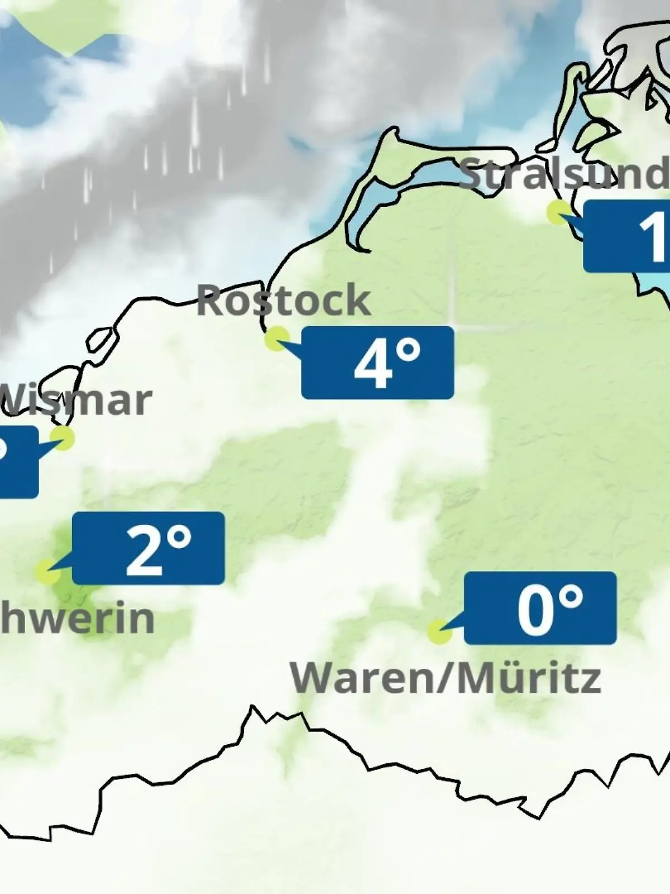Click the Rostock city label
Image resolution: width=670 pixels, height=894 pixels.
284,301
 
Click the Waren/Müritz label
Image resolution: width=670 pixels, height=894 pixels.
446,678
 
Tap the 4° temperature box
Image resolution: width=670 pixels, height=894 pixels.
377,363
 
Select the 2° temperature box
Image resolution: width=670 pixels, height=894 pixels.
149,548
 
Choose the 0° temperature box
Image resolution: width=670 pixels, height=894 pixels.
540,608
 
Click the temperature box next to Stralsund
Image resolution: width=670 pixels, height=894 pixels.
626,236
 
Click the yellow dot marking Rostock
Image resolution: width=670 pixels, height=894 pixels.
276,339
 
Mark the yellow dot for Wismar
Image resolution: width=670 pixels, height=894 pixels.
63,438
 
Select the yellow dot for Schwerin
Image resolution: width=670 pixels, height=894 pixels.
47,572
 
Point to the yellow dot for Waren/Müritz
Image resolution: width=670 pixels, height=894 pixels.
439,631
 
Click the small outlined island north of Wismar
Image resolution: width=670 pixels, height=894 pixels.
102,340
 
